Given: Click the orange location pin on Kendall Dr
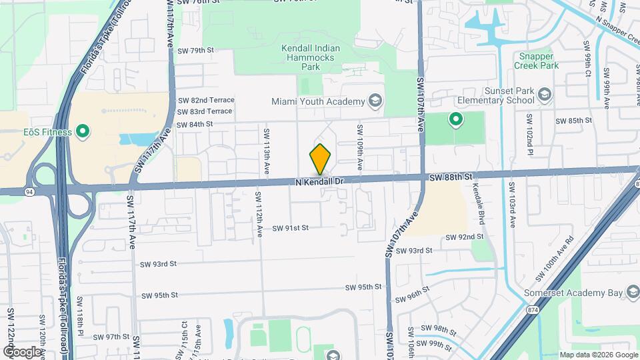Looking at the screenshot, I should tap(320, 159).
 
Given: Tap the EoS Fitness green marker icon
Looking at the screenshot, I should tap(83, 131).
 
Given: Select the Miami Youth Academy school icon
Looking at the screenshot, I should tap(375, 101).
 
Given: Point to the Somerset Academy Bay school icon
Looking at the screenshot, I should tap(631, 293).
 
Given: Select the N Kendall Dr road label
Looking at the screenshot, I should tap(319, 181).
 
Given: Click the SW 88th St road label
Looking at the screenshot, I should tap(451, 177).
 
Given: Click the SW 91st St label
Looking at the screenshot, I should tap(290, 228).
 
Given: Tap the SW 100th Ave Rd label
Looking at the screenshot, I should tap(557, 256).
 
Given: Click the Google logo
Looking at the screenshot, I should tap(21, 351).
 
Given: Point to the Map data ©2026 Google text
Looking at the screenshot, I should tap(598, 355).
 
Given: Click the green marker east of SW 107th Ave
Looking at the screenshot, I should tap(456, 120).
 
